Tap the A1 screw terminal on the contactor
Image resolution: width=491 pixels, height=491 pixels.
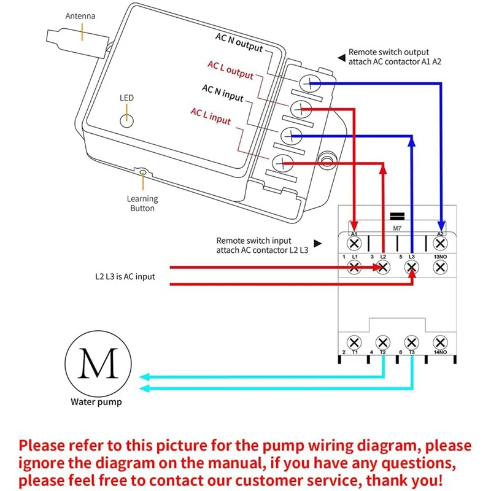pyautogui.click(x=354, y=243)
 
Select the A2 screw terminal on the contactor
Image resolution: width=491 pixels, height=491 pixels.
pyautogui.click(x=439, y=243)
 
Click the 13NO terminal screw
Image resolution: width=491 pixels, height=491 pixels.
pyautogui.click(x=439, y=267)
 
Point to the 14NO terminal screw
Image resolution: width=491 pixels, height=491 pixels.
pyautogui.click(x=439, y=342)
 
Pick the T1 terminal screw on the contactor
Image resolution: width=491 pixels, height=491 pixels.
pyautogui.click(x=354, y=342)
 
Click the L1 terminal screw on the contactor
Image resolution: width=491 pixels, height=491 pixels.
pyautogui.click(x=354, y=267)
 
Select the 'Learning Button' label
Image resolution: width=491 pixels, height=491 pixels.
pyautogui.click(x=142, y=203)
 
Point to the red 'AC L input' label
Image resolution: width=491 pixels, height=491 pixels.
pyautogui.click(x=211, y=115)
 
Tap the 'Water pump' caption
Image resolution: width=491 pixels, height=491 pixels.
pyautogui.click(x=96, y=403)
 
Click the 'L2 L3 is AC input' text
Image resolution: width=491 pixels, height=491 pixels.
pyautogui.click(x=121, y=277)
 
